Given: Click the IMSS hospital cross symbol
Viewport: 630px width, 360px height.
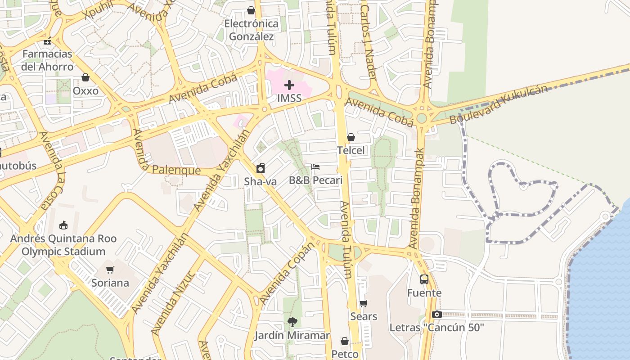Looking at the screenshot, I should tap(289, 85).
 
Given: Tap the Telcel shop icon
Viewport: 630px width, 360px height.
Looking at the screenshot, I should tap(351, 138).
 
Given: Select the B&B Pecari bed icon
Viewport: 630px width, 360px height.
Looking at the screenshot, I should tap(315, 167).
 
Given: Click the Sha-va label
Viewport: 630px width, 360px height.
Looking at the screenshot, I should tap(260, 181).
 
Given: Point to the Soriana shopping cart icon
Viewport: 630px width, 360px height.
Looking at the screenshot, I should tap(110, 270).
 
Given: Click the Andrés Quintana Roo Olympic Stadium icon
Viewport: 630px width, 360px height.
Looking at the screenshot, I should tap(63, 225).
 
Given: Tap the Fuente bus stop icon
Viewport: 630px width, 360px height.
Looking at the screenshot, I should tap(424, 279).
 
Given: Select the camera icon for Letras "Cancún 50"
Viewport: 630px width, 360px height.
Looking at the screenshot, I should tap(436, 314).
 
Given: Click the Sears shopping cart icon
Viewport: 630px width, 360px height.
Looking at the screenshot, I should tap(363, 303).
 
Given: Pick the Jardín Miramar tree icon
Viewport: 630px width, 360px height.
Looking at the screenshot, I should tap(292, 322).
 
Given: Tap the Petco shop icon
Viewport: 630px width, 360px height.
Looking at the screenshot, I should tap(345, 341).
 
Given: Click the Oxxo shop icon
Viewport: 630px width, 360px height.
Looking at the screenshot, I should tap(85, 78).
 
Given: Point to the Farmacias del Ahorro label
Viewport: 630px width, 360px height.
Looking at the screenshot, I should tap(47, 60).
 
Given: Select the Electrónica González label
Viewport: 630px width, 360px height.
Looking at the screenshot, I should tap(251, 30).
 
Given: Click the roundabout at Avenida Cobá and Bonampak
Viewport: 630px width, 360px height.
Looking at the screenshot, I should tap(422, 118).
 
